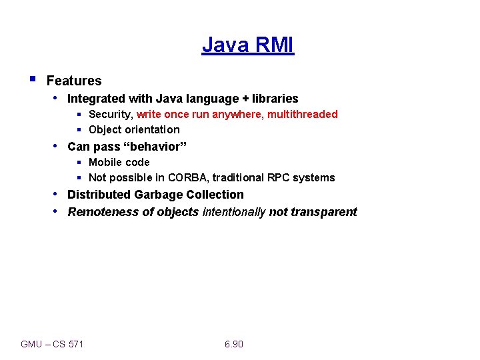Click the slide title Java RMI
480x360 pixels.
coord(247,45)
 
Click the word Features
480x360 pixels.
coord(74,81)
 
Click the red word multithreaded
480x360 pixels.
coord(303,115)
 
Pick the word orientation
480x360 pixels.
coord(151,130)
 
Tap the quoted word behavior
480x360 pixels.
coord(155,147)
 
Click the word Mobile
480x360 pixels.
coord(105,163)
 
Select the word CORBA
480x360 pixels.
coord(188,178)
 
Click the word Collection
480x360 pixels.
coord(213,195)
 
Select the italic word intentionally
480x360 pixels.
coord(233,212)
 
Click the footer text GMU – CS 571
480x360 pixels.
coord(53,344)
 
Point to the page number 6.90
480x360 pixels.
coord(234,344)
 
